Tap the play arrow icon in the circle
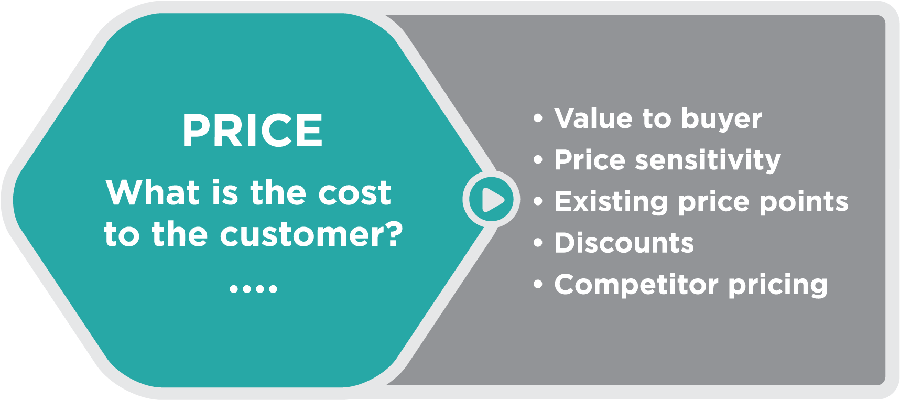(492, 199)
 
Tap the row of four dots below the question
(253, 288)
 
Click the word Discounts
(624, 243)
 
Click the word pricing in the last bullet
(778, 286)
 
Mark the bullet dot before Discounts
(538, 243)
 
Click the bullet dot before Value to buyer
(538, 118)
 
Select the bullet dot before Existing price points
(538, 201)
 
